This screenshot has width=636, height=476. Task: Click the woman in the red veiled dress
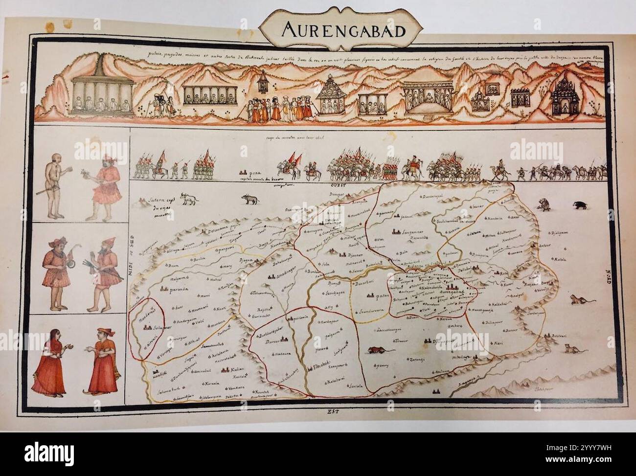51,360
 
